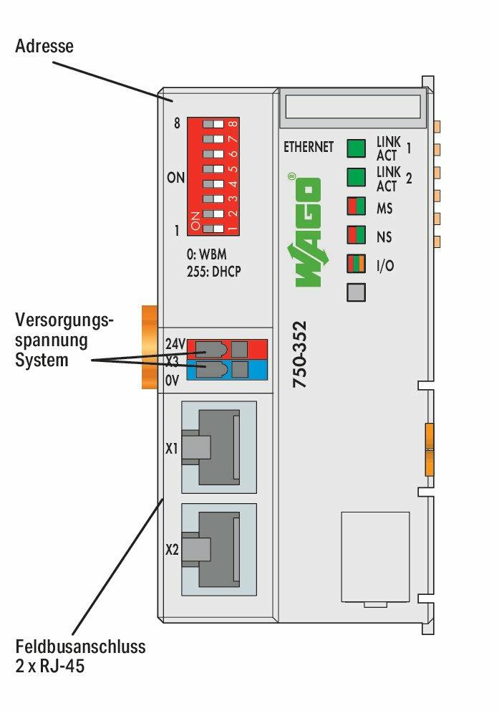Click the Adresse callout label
(x=44, y=47)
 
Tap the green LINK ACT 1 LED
(x=356, y=148)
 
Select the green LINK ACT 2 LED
(x=356, y=176)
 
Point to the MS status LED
(x=356, y=206)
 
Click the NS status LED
(x=356, y=235)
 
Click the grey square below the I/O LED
(x=356, y=292)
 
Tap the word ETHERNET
(x=309, y=147)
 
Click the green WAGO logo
(x=305, y=230)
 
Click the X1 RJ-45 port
(x=218, y=447)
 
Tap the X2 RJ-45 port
(x=218, y=549)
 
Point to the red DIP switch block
(x=213, y=176)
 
